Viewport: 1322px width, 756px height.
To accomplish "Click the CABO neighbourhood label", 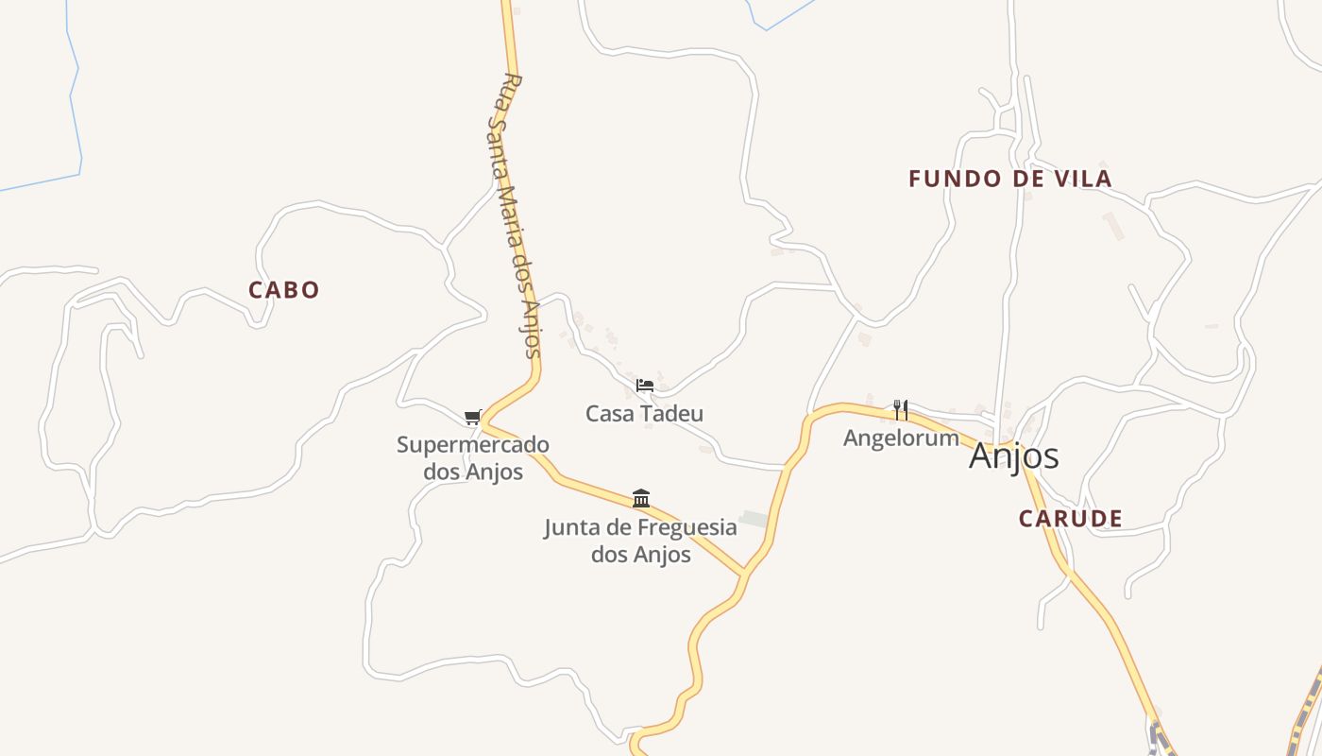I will point(283,290).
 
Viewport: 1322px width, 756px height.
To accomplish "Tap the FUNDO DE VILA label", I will point(1009,179).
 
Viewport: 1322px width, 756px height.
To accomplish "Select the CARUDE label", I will point(1070,518).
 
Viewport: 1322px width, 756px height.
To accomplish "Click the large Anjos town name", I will point(1013,456).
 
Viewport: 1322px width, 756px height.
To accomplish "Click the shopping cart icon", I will point(472,418).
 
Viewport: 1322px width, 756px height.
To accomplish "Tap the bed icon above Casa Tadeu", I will point(645,386).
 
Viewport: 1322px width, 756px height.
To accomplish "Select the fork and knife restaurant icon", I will point(901,409).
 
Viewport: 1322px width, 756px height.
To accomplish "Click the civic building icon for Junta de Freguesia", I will point(641,498).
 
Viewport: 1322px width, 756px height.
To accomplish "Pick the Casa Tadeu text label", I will point(644,414).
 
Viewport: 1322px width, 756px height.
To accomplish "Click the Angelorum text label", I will point(901,438).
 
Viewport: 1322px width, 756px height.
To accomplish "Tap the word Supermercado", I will point(472,445).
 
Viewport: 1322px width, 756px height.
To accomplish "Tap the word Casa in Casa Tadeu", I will point(609,414).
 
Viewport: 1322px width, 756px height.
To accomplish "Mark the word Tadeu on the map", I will point(670,414).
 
